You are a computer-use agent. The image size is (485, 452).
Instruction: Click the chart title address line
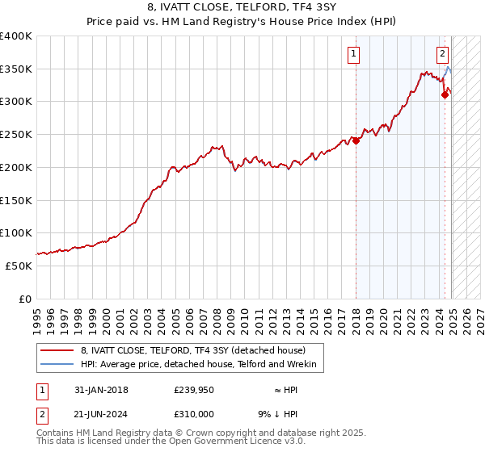click(x=243, y=10)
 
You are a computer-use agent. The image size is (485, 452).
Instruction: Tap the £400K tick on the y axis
click(x=16, y=36)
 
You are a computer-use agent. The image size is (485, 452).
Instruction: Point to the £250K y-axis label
click(x=16, y=135)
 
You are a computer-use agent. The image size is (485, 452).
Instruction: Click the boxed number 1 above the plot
click(x=354, y=55)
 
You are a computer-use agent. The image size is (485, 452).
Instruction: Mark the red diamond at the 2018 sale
click(x=356, y=140)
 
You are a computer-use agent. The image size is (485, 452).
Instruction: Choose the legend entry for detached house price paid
click(x=193, y=351)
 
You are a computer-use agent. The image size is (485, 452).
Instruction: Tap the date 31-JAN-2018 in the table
click(x=101, y=391)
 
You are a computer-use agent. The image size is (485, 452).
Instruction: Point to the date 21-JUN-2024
click(x=101, y=413)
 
